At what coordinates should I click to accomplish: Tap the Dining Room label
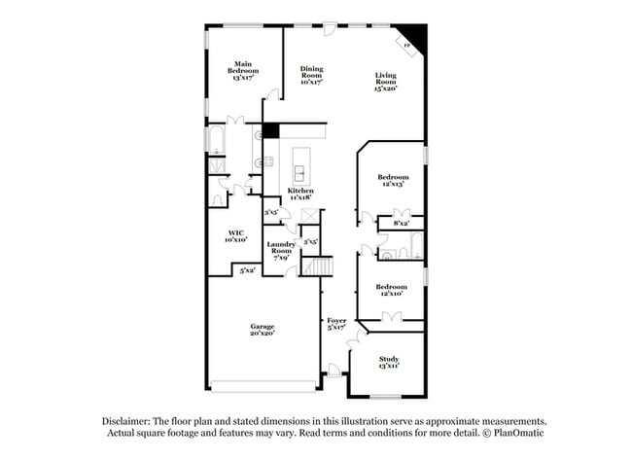click(x=311, y=73)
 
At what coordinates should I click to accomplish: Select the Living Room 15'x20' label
click(x=388, y=82)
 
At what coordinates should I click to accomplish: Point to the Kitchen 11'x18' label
click(x=299, y=194)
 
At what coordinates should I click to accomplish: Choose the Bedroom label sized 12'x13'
click(x=393, y=181)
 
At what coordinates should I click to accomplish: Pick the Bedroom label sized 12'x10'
click(x=391, y=291)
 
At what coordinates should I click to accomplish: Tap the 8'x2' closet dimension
click(x=401, y=224)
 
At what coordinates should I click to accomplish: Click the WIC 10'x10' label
click(x=236, y=236)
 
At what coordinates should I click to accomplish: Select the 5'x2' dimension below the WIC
click(x=249, y=270)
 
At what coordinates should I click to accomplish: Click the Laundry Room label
click(x=281, y=251)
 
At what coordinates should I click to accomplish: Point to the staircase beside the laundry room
click(x=322, y=265)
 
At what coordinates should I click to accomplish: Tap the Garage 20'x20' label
click(x=262, y=330)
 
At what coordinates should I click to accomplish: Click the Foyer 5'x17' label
click(x=336, y=324)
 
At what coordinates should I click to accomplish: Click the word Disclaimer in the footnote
click(x=129, y=421)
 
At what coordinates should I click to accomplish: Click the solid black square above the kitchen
click(x=271, y=131)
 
